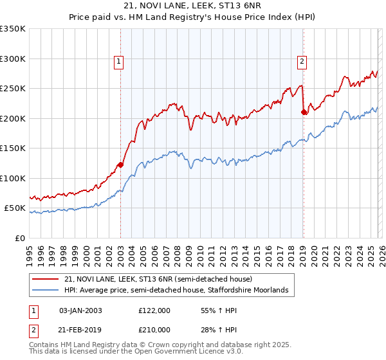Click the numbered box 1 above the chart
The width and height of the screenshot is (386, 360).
(120, 62)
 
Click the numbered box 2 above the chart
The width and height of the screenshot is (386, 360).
(302, 62)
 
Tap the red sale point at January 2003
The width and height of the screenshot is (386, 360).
(120, 165)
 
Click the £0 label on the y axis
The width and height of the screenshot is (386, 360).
(21, 238)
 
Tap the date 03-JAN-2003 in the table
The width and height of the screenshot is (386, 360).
(80, 310)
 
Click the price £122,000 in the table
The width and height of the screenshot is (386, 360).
(154, 310)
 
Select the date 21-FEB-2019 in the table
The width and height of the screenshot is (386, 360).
(80, 330)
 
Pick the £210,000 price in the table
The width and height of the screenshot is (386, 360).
(154, 330)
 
